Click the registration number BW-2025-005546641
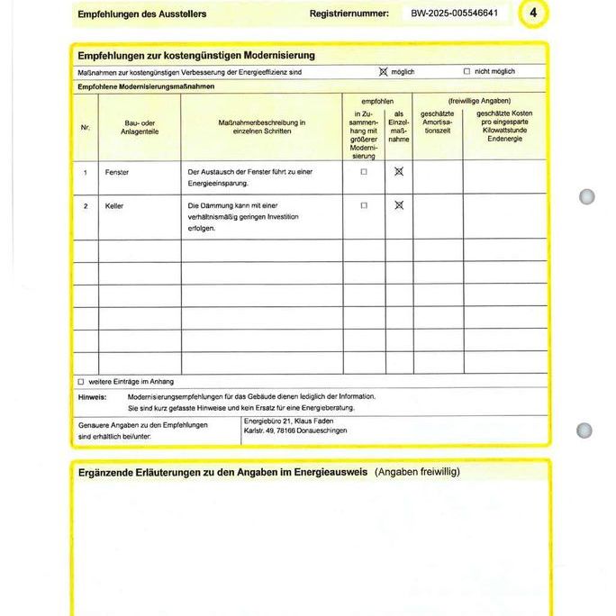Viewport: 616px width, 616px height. [457, 14]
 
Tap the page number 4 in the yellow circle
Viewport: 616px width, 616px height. [534, 13]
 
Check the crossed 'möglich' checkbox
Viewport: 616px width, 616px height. [383, 71]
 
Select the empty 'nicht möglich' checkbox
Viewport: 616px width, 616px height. [467, 71]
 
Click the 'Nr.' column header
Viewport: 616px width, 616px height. [86, 128]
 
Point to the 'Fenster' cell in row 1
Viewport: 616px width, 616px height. [117, 171]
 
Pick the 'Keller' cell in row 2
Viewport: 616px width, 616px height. [114, 206]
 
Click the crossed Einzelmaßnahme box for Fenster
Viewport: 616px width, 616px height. [399, 171]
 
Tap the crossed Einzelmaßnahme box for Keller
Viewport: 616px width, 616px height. [399, 205]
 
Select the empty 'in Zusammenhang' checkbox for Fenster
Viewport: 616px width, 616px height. [364, 171]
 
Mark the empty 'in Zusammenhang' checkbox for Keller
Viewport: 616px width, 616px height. [364, 205]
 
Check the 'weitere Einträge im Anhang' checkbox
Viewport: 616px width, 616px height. [80, 381]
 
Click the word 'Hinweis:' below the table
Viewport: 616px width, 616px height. [92, 396]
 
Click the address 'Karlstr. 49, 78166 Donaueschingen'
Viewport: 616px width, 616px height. [294, 430]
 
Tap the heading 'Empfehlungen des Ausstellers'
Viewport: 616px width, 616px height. [141, 14]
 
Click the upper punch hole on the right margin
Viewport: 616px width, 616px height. [587, 196]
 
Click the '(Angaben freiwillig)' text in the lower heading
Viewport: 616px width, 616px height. [417, 472]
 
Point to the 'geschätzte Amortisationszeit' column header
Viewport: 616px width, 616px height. [437, 122]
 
